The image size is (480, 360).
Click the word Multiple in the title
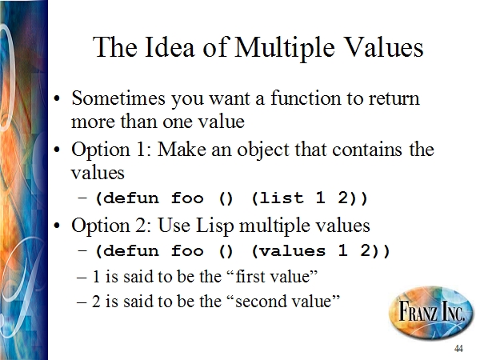[284, 47]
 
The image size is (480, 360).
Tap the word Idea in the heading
[170, 46]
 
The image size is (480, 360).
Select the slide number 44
[458, 348]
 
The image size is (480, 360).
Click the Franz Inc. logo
[430, 313]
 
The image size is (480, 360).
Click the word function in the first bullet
[306, 98]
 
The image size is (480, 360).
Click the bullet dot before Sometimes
[57, 99]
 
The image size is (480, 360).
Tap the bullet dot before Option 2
[57, 226]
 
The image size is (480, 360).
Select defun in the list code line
[131, 198]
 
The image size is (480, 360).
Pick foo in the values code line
[187, 250]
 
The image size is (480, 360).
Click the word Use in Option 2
[174, 226]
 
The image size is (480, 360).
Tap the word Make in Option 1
[182, 150]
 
